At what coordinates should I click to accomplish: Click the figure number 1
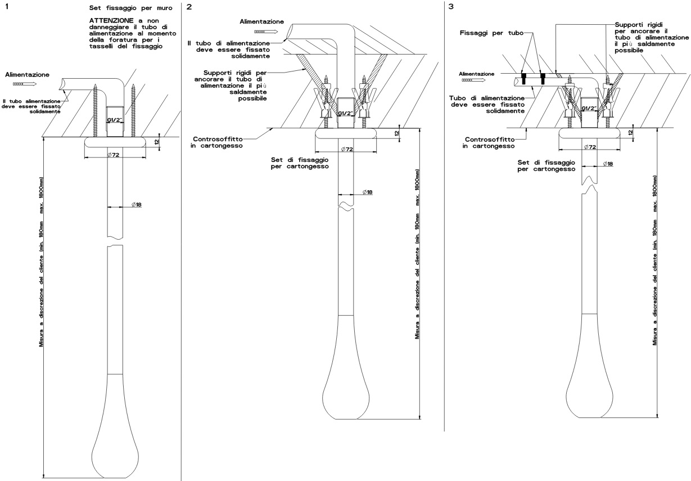click(x=6, y=7)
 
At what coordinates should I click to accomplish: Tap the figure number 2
click(x=189, y=7)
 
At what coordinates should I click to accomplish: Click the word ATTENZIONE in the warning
click(x=107, y=21)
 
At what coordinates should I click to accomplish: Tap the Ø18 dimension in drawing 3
click(x=607, y=164)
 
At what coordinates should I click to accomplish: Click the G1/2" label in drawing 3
click(x=589, y=109)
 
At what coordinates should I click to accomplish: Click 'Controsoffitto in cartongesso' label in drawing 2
click(x=223, y=141)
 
